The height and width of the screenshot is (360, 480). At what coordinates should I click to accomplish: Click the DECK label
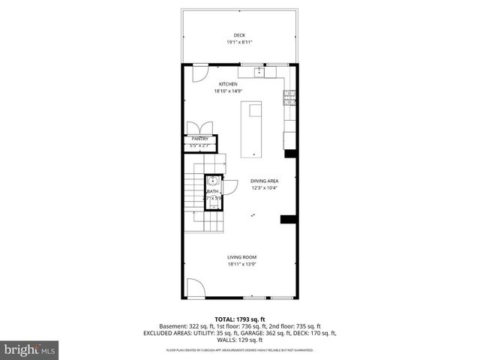tap(239, 35)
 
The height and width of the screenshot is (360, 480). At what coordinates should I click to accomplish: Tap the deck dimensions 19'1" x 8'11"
tap(239, 43)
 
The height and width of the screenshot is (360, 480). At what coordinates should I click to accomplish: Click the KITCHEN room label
tap(228, 84)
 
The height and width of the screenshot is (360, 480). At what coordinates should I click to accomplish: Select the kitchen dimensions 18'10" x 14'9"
tap(228, 91)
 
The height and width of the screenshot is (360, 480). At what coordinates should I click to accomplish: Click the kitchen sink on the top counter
tap(259, 73)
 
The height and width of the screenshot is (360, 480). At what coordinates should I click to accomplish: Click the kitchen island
tap(251, 130)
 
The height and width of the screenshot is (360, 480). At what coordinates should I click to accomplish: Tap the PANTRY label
tap(199, 139)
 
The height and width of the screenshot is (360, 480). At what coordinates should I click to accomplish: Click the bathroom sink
tap(213, 181)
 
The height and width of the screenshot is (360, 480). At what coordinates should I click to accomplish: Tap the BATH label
tap(213, 192)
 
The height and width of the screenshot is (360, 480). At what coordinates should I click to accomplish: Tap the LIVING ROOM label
tap(241, 257)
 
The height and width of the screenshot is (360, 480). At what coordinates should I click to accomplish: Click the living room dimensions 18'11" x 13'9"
tap(241, 265)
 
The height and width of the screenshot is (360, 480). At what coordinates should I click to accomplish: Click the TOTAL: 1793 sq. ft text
tap(239, 319)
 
